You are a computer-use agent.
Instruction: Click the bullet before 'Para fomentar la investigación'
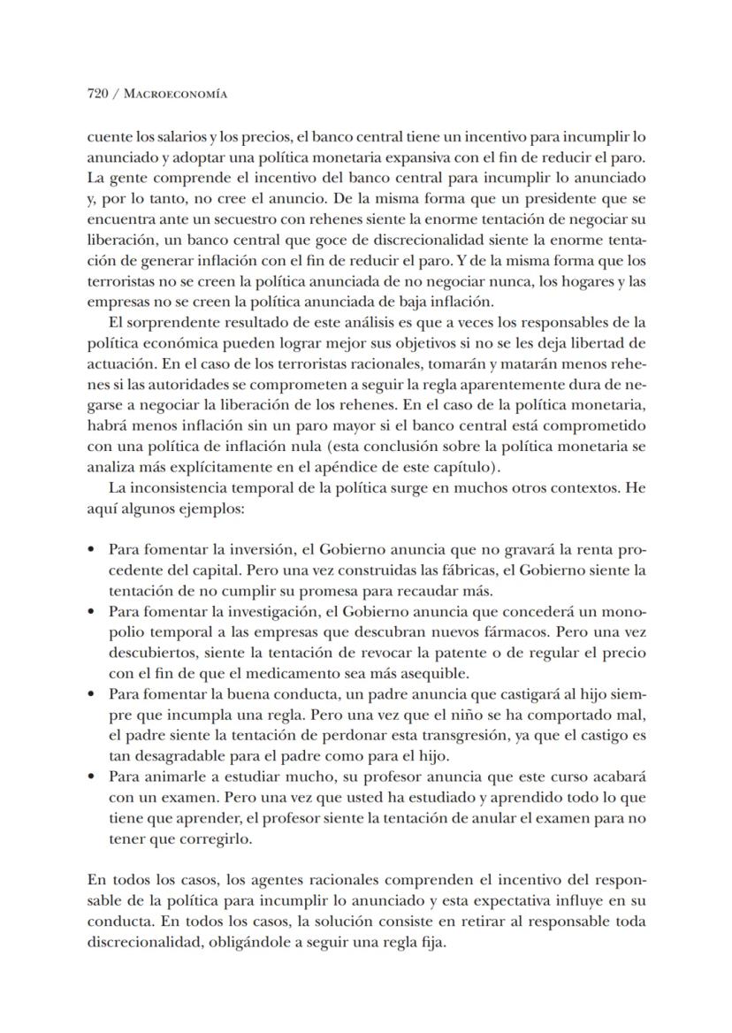coord(93,612)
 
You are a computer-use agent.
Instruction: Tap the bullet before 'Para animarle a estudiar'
coord(93,777)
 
